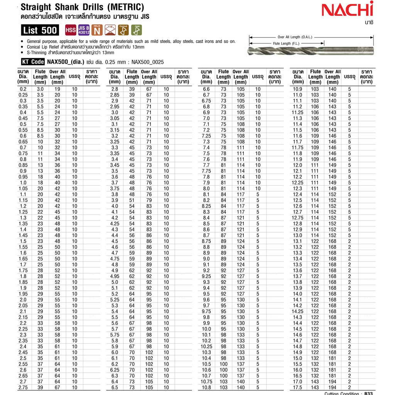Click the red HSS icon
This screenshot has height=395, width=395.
(71, 30)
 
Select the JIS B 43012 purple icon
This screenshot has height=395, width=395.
(84, 30)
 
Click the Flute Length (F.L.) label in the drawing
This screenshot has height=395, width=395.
(282, 44)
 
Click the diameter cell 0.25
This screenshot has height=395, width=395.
(24, 95)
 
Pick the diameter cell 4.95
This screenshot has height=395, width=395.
(115, 276)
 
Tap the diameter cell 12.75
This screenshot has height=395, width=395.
(298, 218)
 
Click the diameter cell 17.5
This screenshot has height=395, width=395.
(298, 387)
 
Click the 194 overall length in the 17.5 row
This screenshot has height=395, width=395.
(332, 387)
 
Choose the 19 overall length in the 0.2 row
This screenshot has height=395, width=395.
(57, 89)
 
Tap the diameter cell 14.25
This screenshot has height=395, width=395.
(298, 311)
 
